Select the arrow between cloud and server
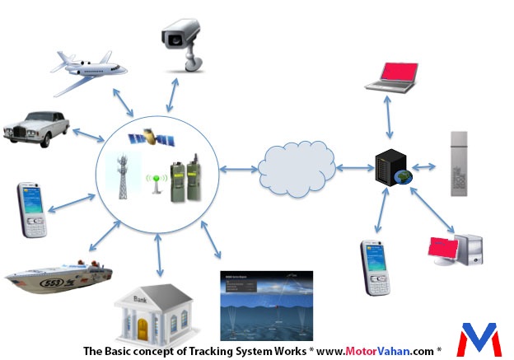353,168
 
